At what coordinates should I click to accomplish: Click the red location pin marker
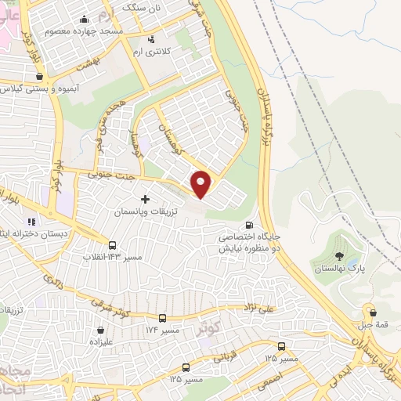click(x=201, y=184)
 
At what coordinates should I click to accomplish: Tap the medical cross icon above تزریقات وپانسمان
click(x=145, y=200)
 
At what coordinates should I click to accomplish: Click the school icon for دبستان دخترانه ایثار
click(x=32, y=222)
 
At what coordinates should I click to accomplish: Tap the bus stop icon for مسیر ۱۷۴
click(x=163, y=319)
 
